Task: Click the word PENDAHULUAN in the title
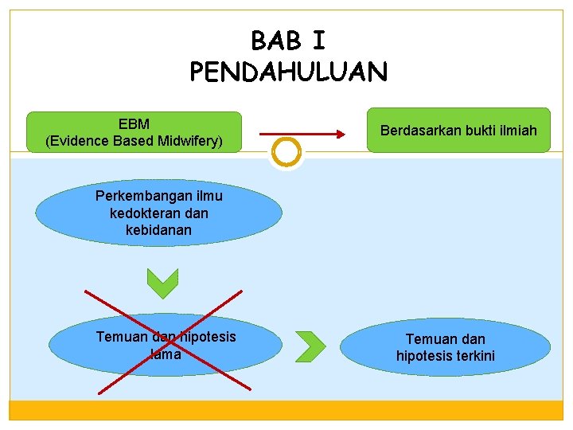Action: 288,72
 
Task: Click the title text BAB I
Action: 288,40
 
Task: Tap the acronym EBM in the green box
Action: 134,125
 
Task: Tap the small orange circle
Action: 286,151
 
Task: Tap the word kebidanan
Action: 158,229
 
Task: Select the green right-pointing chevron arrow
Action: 311,344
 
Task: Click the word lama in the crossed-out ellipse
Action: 166,354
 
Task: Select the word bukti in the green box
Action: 477,130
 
